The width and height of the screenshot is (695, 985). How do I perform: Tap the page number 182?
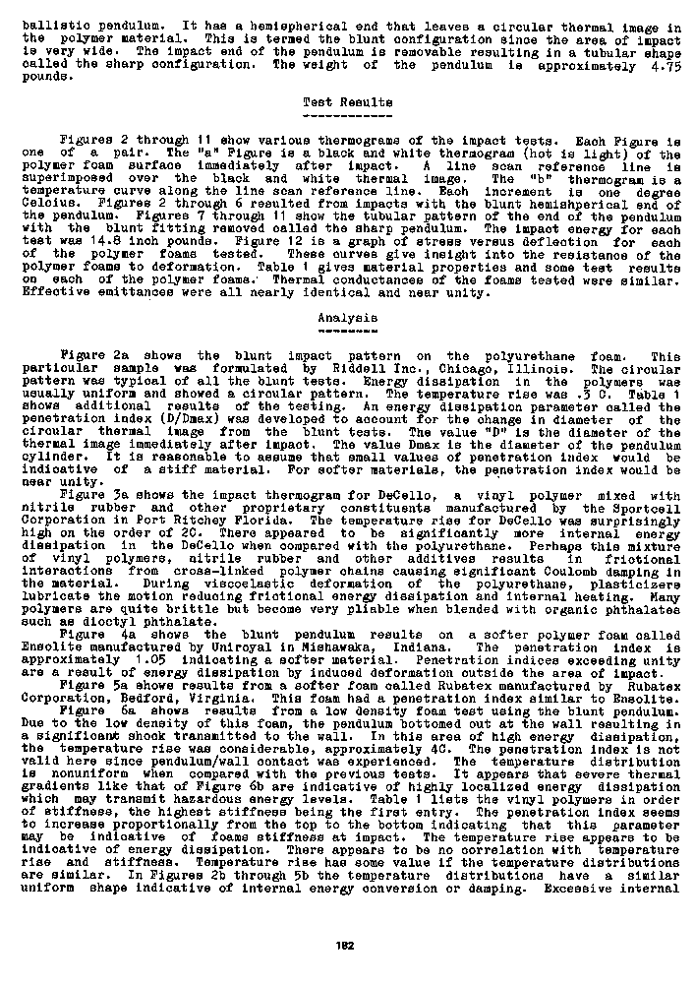(346, 946)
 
